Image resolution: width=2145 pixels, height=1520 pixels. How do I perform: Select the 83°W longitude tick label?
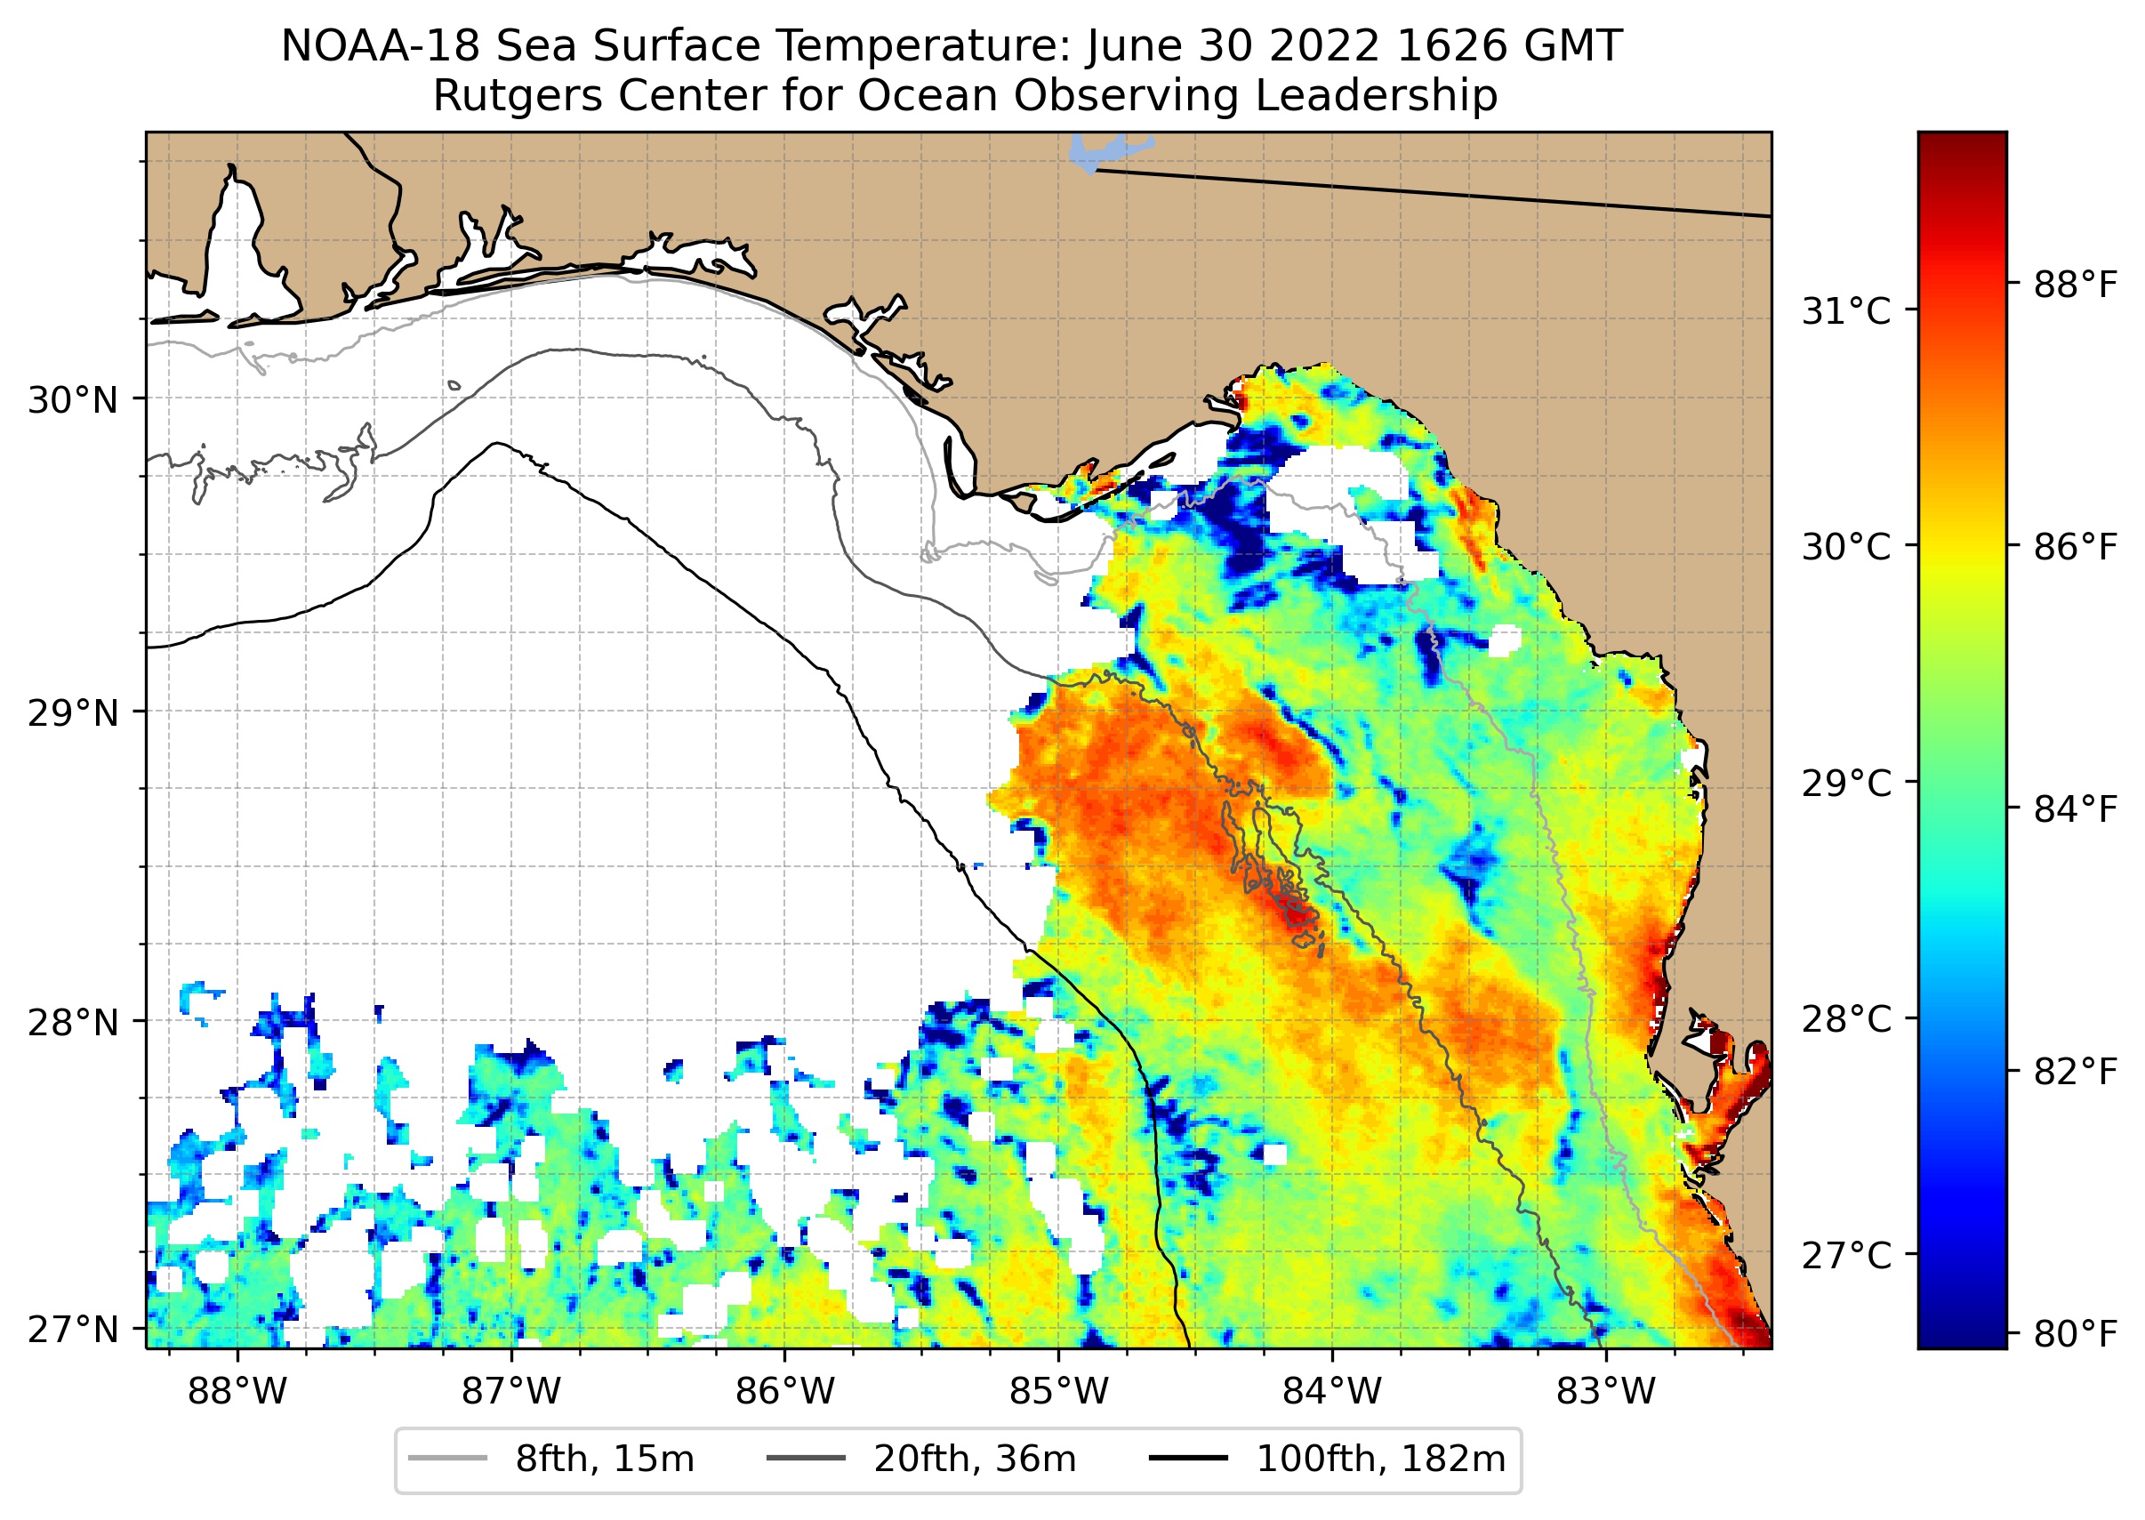pyautogui.click(x=1606, y=1392)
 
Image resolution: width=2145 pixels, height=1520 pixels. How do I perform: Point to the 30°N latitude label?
pyautogui.click(x=73, y=400)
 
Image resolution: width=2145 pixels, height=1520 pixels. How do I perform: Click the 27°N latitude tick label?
pyautogui.click(x=73, y=1329)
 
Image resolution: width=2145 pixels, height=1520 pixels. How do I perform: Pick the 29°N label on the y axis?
pyautogui.click(x=73, y=713)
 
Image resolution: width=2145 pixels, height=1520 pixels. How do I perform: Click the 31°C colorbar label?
pyautogui.click(x=1846, y=310)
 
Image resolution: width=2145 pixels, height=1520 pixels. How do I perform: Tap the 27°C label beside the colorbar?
pyautogui.click(x=1846, y=1255)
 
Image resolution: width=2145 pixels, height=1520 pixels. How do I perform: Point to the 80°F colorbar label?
pyautogui.click(x=2075, y=1334)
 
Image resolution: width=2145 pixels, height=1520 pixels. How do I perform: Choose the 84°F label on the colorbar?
pyautogui.click(x=2075, y=808)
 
